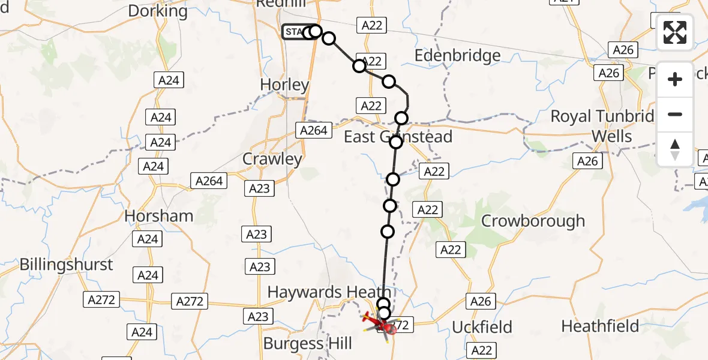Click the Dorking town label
tap(158, 11)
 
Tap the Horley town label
tap(285, 85)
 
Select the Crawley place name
tap(272, 159)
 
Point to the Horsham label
tap(159, 216)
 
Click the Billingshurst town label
tap(66, 265)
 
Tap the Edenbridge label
tap(458, 56)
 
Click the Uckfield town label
tap(482, 327)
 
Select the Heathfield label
tap(601, 326)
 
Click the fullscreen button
tap(675, 32)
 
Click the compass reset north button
tap(675, 149)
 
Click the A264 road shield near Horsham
tap(209, 181)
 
